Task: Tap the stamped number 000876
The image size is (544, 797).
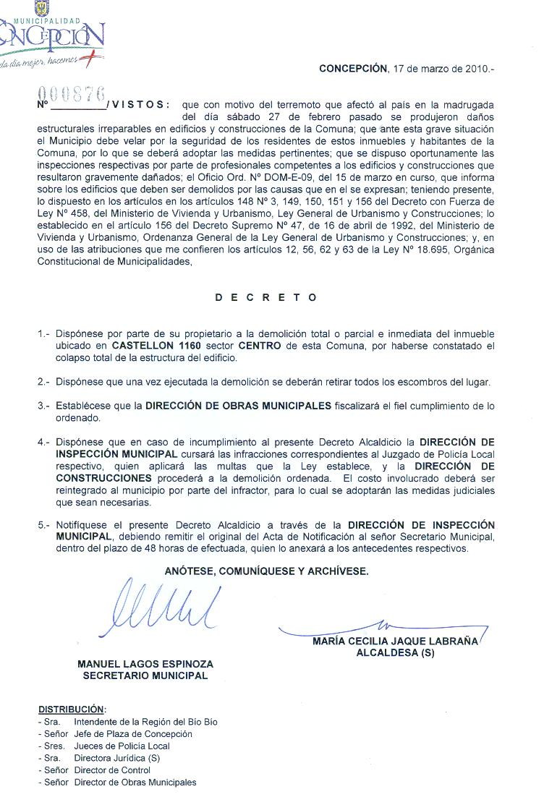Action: point(71,94)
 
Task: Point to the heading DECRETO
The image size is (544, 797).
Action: point(266,297)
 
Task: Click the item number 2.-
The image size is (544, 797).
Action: point(43,381)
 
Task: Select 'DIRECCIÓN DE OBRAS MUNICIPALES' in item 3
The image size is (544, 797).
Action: point(238,406)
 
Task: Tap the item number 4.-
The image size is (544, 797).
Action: point(43,441)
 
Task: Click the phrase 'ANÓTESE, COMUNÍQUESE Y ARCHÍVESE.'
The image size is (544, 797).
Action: point(266,571)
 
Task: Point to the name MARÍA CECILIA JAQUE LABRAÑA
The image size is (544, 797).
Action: point(395,642)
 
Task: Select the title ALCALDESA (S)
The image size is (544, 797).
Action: point(395,652)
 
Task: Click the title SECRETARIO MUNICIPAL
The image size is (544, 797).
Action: point(145,675)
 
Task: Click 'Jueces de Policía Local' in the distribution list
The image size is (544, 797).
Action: point(122,746)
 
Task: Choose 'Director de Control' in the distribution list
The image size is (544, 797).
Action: point(112,770)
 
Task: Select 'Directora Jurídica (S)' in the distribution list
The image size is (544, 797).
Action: point(116,758)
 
